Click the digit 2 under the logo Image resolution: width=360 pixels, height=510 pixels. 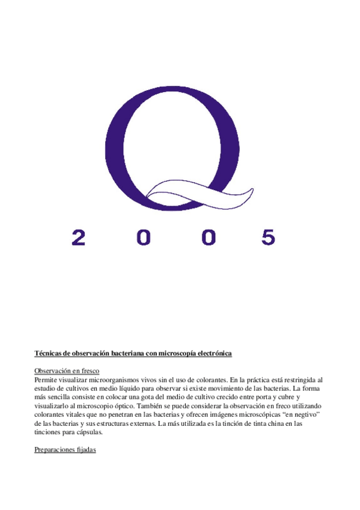(x=79, y=237)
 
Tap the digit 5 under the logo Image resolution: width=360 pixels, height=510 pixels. (x=268, y=237)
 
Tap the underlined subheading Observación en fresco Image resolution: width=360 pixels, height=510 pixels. (x=67, y=371)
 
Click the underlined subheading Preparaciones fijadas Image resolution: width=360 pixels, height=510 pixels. (x=66, y=450)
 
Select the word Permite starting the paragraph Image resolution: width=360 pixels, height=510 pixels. (x=46, y=380)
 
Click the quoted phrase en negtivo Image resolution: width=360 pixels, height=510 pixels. (x=299, y=415)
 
